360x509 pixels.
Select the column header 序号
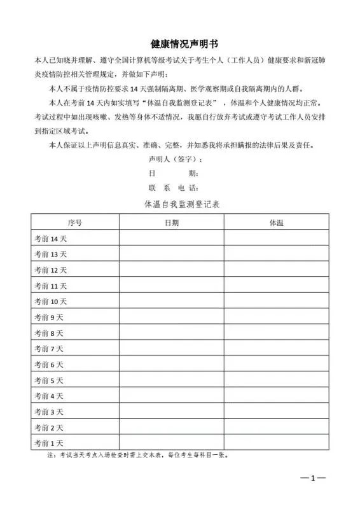pyautogui.click(x=74, y=223)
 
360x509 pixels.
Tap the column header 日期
pyautogui.click(x=171, y=223)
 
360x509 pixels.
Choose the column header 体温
pyautogui.click(x=276, y=223)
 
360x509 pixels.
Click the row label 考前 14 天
pyautogui.click(x=51, y=239)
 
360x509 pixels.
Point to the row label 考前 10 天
pyautogui.click(x=51, y=302)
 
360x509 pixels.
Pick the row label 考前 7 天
pyautogui.click(x=49, y=349)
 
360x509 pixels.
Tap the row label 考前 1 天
pyautogui.click(x=49, y=443)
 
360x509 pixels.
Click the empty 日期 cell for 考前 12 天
pyautogui.click(x=171, y=270)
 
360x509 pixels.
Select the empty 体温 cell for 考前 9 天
pyautogui.click(x=276, y=317)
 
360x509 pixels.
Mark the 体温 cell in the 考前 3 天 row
pyautogui.click(x=276, y=412)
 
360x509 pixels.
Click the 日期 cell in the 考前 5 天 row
pyautogui.click(x=171, y=380)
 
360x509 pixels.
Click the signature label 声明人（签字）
pyautogui.click(x=175, y=159)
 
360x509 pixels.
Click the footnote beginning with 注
pyautogui.click(x=137, y=456)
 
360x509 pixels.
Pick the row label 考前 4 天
pyautogui.click(x=49, y=396)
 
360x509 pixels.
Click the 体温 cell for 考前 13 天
pyautogui.click(x=276, y=254)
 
